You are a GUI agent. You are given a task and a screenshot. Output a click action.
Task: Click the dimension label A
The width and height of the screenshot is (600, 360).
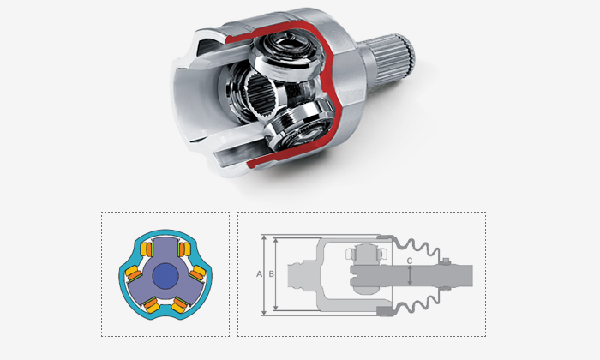(259, 274)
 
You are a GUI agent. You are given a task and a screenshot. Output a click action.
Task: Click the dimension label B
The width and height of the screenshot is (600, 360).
(272, 274)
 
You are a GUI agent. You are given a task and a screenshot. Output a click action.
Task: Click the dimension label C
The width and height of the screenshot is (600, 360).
(410, 261)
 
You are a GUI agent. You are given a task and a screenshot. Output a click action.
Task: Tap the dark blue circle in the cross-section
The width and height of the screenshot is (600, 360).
(165, 276)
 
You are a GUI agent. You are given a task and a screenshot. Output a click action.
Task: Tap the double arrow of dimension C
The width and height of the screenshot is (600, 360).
(410, 276)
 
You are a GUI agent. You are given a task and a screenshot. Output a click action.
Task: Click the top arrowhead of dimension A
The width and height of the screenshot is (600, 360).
(264, 238)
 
